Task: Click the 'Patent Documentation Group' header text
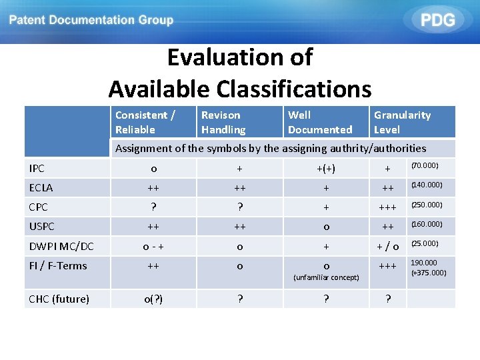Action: click(x=91, y=20)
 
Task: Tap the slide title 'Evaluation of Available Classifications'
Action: click(x=240, y=73)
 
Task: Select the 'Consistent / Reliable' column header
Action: click(x=145, y=122)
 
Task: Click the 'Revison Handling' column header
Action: click(x=223, y=122)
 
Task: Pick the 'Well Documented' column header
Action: click(x=320, y=122)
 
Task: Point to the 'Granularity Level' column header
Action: click(x=402, y=122)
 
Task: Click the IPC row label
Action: click(x=37, y=169)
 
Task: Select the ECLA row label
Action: click(x=41, y=188)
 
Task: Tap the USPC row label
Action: click(x=42, y=227)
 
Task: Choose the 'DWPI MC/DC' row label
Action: click(x=61, y=247)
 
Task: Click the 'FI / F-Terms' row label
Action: click(x=59, y=265)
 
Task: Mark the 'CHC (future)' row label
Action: click(x=59, y=299)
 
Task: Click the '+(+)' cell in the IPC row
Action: click(x=326, y=169)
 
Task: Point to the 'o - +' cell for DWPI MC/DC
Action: click(x=154, y=247)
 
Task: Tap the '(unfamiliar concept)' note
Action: click(x=327, y=277)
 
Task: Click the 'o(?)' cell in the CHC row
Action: click(x=154, y=299)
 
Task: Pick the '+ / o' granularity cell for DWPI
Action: click(x=387, y=247)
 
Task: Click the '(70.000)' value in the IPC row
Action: click(x=425, y=165)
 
